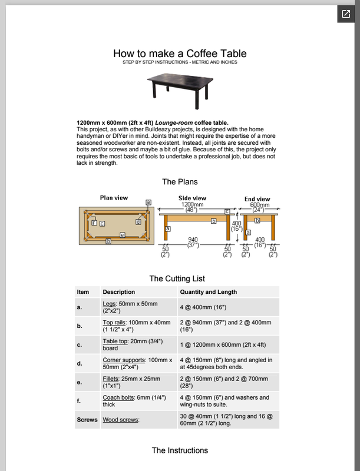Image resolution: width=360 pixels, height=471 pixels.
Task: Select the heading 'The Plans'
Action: point(180,182)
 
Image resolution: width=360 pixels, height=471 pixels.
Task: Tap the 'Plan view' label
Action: point(114,198)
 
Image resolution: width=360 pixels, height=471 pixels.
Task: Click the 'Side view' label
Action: point(192,198)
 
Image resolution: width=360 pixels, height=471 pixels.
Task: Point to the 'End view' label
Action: point(257,199)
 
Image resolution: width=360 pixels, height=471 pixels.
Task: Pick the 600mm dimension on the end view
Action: point(257,205)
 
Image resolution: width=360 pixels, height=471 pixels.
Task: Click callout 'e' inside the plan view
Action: point(122,234)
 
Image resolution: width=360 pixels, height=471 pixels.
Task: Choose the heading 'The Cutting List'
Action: point(177,278)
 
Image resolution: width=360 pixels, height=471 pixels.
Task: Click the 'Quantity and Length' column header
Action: point(208,292)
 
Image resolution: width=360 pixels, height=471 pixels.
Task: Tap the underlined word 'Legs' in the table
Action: point(109,304)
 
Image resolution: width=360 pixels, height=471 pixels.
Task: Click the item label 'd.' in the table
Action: point(80,363)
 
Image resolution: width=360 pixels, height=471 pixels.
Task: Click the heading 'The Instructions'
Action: point(180,450)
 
